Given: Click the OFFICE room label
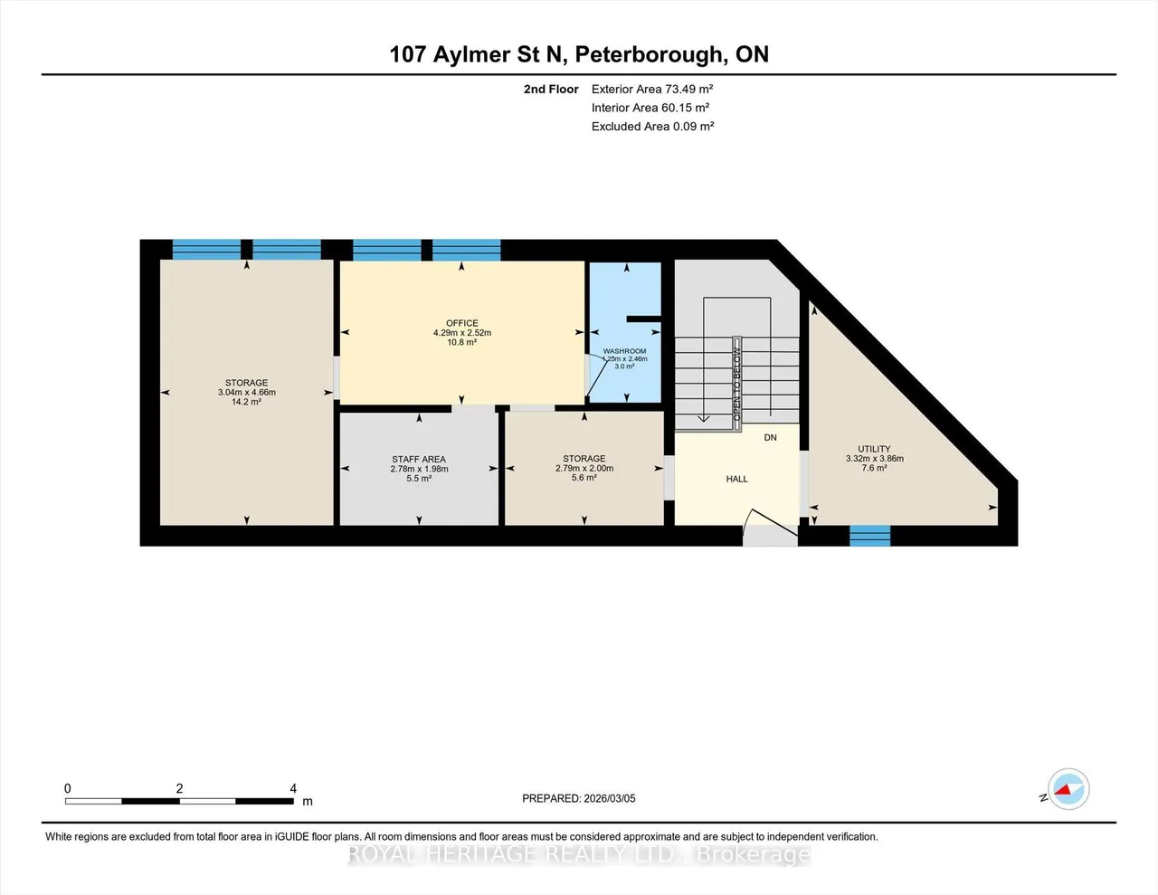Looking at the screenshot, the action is coord(462,323).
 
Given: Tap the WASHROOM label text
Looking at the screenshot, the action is coord(624,351).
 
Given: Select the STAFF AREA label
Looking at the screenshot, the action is coord(419,460).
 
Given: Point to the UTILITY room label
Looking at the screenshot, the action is coord(874,449).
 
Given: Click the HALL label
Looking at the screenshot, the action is coord(737,480).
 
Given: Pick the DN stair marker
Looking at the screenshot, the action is coord(771,438).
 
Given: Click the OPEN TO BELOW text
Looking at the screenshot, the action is coord(737,385).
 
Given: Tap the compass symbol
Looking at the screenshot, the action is coord(1068,789).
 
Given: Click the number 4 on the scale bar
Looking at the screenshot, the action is coord(293,788).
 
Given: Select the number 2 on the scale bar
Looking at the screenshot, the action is coord(180,788).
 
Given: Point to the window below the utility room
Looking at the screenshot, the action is coord(869,536).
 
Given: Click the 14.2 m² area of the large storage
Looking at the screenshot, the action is coord(246,402).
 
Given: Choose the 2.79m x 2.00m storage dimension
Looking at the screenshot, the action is coord(584,469).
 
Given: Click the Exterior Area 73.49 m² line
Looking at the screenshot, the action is coord(652,89).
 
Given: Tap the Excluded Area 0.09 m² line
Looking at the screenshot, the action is coord(653,127).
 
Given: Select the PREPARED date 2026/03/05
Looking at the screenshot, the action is coord(610,798).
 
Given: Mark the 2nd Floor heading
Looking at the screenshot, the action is coord(551,89).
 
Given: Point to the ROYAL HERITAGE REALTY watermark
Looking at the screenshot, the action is coord(579,854).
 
